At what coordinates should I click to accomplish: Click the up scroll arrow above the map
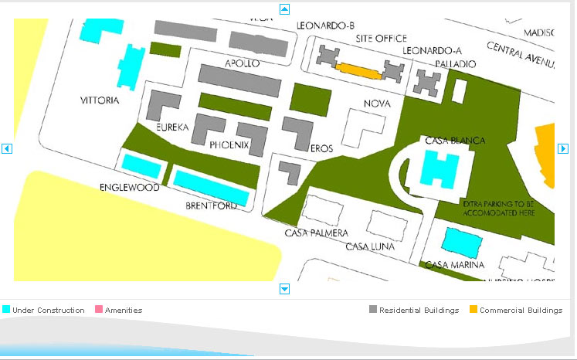pos(284,9)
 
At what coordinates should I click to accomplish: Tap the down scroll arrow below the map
pos(284,289)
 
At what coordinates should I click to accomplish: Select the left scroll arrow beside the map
pos(7,148)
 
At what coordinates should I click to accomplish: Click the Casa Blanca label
pos(455,141)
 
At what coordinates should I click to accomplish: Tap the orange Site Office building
pos(360,70)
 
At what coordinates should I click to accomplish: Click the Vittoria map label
pos(100,101)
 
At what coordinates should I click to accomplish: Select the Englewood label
pos(130,188)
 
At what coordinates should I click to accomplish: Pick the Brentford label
pos(211,206)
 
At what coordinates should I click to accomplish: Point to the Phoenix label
pos(229,144)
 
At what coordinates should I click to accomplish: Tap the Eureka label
pos(172,127)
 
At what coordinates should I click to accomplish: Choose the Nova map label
pos(377,104)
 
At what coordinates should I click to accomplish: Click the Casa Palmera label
pos(316,233)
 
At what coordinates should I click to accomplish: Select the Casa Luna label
pos(370,247)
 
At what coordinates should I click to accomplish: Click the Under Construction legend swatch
pos(6,310)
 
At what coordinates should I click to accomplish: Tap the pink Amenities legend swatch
pos(98,310)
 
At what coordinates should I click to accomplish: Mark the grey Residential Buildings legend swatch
pos(373,310)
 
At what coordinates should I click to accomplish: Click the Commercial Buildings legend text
pos(521,311)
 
